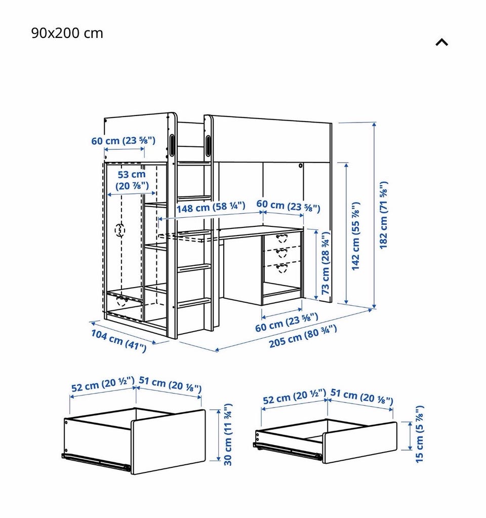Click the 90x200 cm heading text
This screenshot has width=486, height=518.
coord(67,33)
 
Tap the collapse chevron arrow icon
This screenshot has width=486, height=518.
coord(442,42)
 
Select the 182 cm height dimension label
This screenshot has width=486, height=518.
coord(384,215)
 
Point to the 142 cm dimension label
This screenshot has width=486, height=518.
coord(355,236)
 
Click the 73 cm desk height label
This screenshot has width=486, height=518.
coord(326,263)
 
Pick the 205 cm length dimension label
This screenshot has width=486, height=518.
coord(303,336)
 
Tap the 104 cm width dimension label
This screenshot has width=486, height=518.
coord(118,341)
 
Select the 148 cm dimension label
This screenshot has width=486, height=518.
coord(211,207)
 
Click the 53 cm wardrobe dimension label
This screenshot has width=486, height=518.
coord(132,180)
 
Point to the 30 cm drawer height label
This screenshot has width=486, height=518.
coord(228,434)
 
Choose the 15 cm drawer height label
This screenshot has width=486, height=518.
coord(419,434)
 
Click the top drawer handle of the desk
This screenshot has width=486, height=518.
coord(281,237)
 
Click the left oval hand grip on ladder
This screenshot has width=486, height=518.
coord(173,144)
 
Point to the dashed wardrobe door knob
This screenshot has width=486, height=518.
coord(120,230)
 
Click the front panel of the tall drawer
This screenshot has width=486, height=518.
coord(169,442)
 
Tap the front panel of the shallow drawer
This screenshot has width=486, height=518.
coord(360,443)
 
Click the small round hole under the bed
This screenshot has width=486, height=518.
coord(300,166)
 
